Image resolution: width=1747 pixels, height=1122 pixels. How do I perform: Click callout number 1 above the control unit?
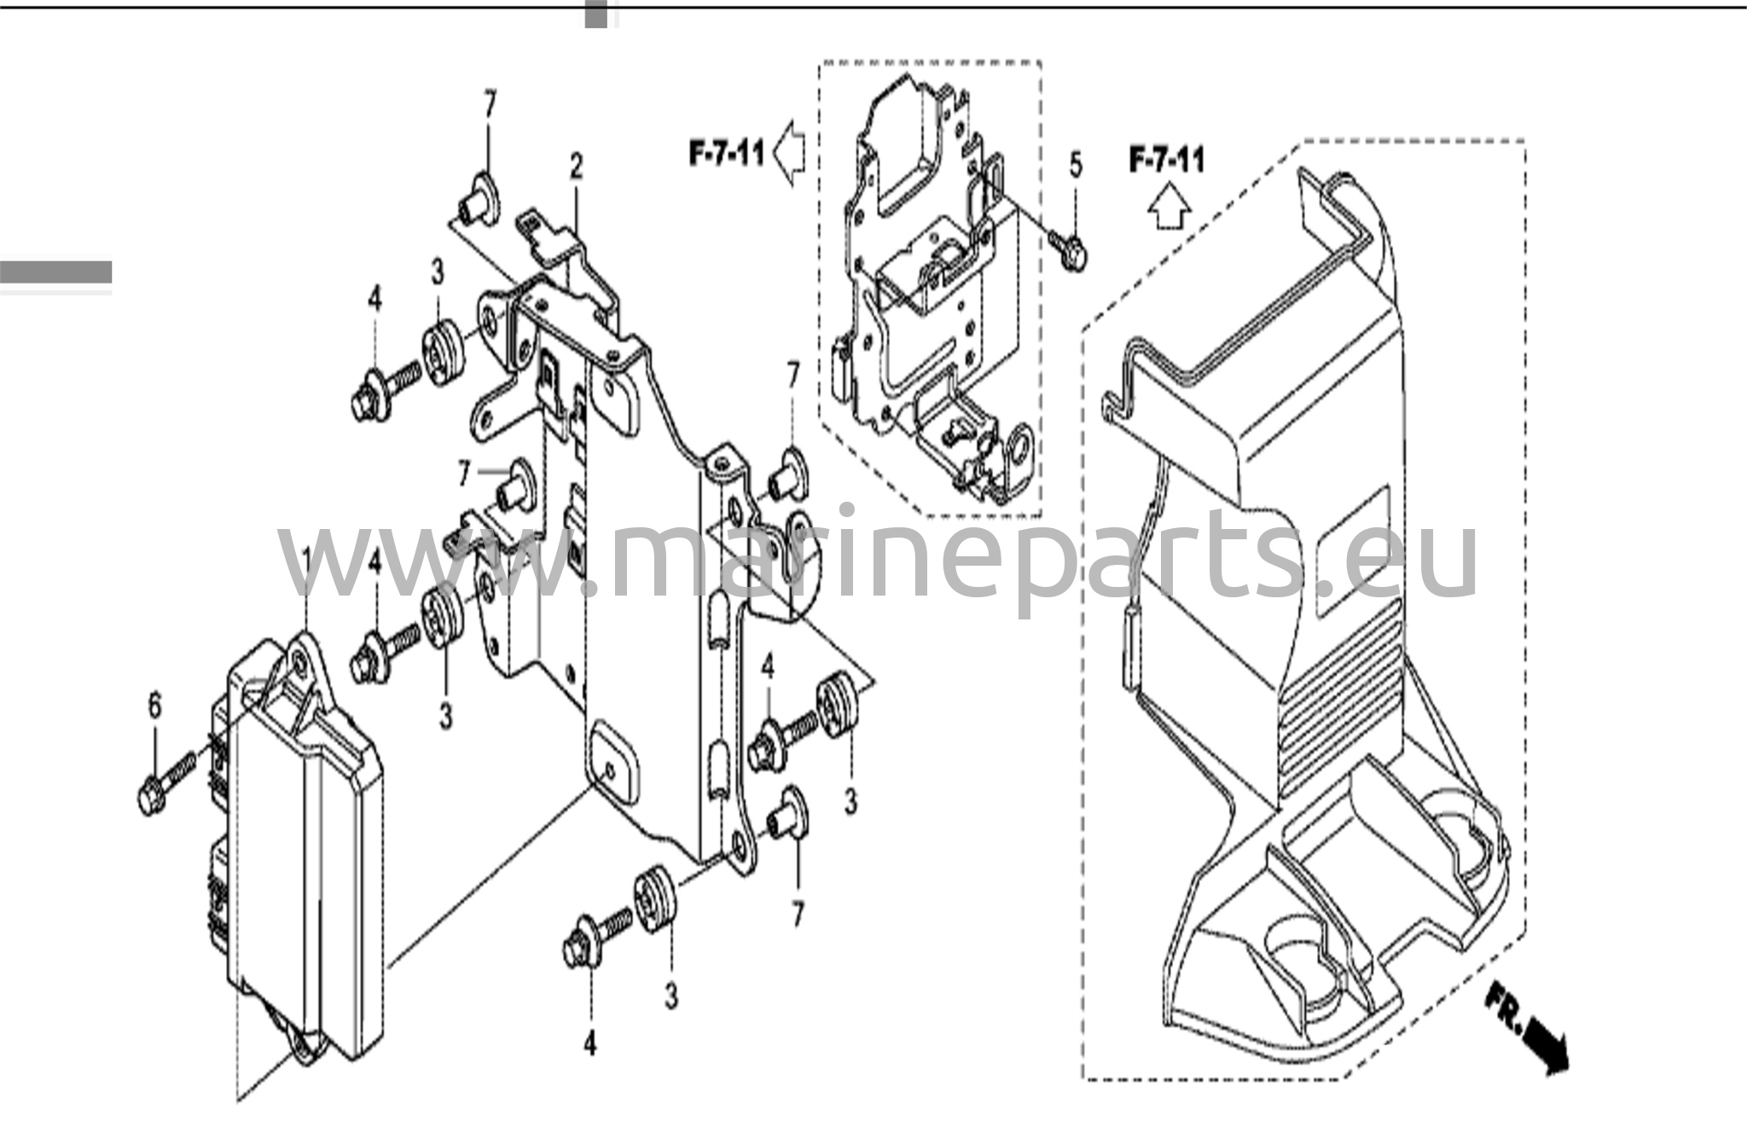coord(305,564)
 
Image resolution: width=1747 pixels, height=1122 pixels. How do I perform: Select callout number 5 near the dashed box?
coord(1075,165)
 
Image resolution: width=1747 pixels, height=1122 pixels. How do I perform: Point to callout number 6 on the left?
coord(154,706)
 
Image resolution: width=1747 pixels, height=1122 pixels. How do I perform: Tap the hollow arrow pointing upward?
coord(1168,207)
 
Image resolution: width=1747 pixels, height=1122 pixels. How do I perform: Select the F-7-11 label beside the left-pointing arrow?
coord(727,155)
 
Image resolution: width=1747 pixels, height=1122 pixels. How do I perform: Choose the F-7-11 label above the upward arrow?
coord(1166,160)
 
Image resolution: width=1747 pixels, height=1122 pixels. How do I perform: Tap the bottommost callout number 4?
coord(590,1043)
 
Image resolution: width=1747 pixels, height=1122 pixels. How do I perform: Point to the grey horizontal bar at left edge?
coord(55,271)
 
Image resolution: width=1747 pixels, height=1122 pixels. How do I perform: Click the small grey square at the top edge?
coord(595,15)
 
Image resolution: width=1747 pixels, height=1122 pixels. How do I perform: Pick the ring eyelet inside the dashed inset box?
coord(1019,451)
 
